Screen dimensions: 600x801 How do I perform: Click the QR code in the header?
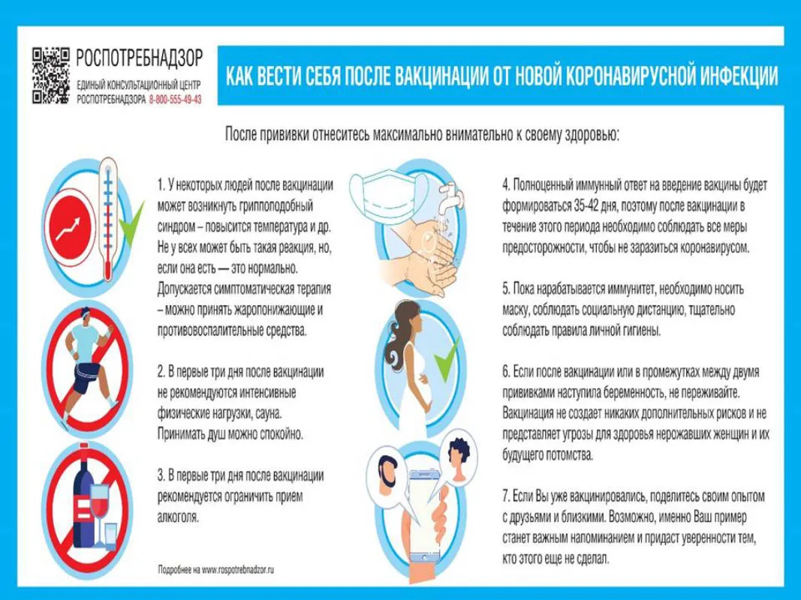[50, 76]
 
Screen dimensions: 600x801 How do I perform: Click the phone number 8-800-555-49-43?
[175, 99]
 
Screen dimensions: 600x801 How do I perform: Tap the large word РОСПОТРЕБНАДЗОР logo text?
[140, 57]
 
